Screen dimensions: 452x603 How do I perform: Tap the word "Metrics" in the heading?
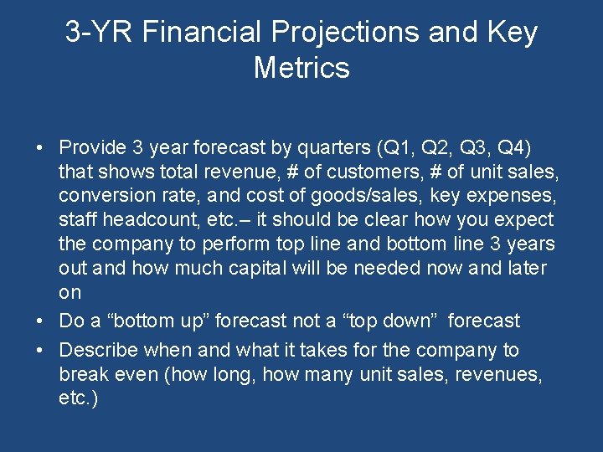click(301, 67)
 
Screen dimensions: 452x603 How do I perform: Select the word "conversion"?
click(100, 197)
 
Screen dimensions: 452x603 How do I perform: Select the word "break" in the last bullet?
click(83, 374)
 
